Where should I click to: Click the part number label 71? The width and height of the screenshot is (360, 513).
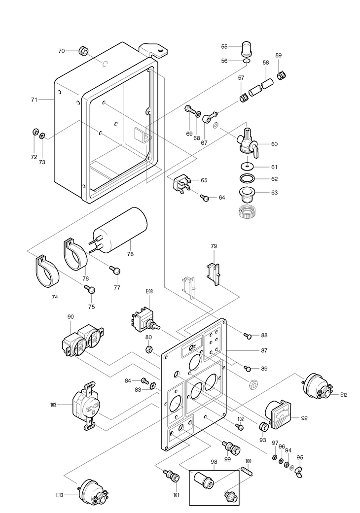(x=34, y=100)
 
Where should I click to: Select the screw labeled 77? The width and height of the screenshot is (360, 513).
(x=114, y=270)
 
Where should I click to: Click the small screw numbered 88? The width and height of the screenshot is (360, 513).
(x=248, y=336)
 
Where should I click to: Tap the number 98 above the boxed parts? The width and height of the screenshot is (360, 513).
(x=214, y=462)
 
